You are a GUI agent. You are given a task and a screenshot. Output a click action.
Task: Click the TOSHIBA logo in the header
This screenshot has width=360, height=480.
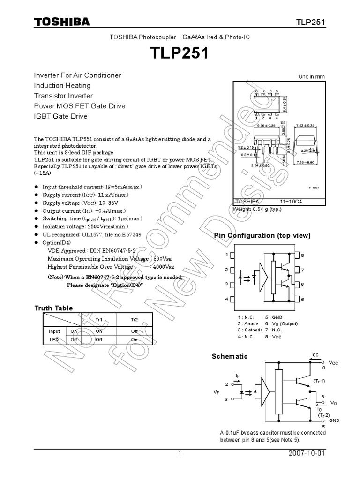[x=61, y=22]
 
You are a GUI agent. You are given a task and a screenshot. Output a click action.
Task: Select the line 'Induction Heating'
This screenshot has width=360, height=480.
[x=62, y=85]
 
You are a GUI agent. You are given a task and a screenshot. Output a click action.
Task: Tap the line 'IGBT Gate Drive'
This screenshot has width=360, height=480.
[x=60, y=116]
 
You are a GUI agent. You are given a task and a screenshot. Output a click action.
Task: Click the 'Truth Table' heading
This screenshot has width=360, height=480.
[x=53, y=308]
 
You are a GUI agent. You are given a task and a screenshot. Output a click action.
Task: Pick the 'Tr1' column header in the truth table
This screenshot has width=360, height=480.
[x=99, y=319]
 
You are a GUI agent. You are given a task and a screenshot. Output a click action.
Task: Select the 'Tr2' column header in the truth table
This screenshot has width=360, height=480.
[x=135, y=319]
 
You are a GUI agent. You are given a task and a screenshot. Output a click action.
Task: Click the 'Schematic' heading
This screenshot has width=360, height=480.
[x=230, y=356]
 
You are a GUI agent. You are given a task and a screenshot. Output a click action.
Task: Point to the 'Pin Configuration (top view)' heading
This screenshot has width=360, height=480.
[x=262, y=235]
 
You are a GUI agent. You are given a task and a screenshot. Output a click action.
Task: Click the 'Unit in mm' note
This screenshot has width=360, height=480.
[x=312, y=77]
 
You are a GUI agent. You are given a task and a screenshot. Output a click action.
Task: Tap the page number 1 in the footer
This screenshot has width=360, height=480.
[x=180, y=454]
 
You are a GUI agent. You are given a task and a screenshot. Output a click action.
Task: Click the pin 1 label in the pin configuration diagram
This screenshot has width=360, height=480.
[x=226, y=255]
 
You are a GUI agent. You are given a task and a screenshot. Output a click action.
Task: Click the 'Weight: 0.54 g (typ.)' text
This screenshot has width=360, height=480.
[x=257, y=210]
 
